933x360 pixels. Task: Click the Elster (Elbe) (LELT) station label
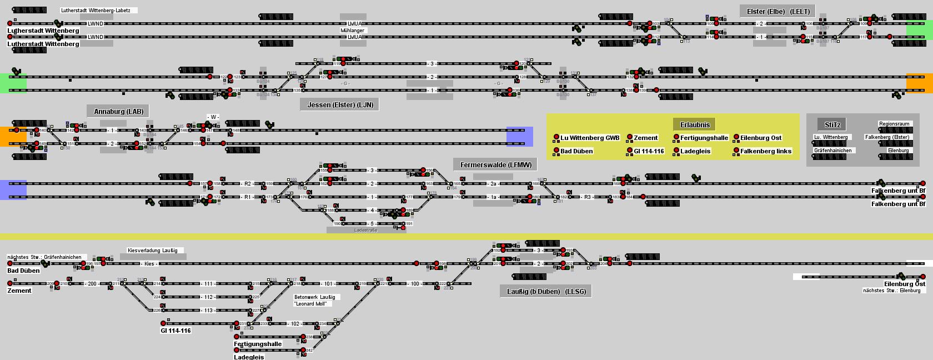[x=778, y=11]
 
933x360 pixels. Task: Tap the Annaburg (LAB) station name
[x=118, y=111]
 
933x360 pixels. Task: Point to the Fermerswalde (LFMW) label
[x=495, y=164]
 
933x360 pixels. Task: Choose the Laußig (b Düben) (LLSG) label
[x=546, y=291]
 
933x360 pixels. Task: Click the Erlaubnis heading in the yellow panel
[x=695, y=124]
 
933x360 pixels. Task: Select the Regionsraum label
[x=894, y=124]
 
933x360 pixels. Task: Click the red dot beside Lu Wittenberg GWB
[x=556, y=138]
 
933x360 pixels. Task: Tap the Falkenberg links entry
[x=765, y=151]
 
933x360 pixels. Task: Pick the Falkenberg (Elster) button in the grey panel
[x=887, y=137]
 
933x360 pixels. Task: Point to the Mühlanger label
[x=353, y=31]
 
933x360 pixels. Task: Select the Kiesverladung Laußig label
[x=152, y=251]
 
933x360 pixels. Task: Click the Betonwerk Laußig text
[x=314, y=297]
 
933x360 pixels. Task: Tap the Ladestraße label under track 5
[x=365, y=230]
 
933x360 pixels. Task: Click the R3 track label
[x=588, y=197]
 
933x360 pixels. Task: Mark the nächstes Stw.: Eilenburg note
[x=891, y=291]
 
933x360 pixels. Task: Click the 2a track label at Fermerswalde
[x=493, y=184]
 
